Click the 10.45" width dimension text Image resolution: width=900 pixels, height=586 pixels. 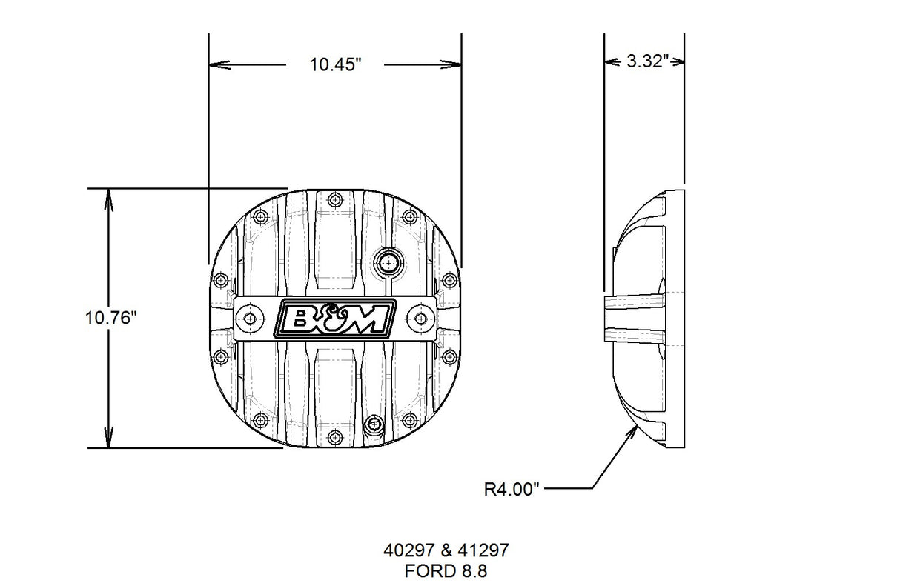(x=335, y=64)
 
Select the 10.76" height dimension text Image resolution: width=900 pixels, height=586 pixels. (x=111, y=318)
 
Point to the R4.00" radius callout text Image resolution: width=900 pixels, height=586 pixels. (x=512, y=489)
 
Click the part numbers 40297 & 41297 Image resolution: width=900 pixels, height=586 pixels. (x=446, y=551)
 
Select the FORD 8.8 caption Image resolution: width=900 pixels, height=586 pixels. (x=446, y=570)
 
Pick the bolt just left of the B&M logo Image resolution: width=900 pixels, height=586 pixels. (x=248, y=318)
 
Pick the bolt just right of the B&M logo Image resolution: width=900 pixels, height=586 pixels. (x=421, y=318)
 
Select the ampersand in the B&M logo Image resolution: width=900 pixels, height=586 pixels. (x=334, y=319)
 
